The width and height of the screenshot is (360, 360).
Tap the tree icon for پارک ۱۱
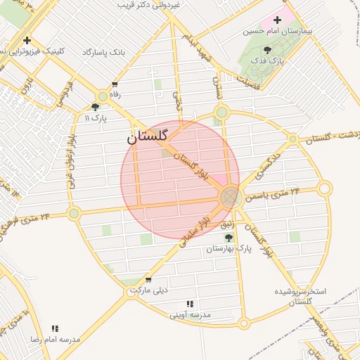(x=95, y=107)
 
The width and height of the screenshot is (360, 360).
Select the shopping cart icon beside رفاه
(x=114, y=84)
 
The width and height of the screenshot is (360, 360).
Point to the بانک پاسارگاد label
(x=103, y=53)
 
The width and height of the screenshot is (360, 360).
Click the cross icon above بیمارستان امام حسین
(x=277, y=20)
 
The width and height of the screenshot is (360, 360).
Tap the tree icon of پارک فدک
(x=267, y=50)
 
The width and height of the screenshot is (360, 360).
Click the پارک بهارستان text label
(x=230, y=249)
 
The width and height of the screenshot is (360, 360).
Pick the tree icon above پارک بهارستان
(x=229, y=238)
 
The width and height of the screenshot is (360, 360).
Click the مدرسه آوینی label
(x=191, y=314)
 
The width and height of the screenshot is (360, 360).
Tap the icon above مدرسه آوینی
(x=190, y=304)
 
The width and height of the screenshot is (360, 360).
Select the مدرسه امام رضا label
(x=55, y=339)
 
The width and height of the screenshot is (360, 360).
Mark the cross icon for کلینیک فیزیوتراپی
(x=27, y=40)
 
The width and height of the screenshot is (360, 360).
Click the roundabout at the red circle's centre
(x=229, y=198)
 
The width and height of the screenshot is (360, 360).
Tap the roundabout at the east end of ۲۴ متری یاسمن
(x=324, y=188)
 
